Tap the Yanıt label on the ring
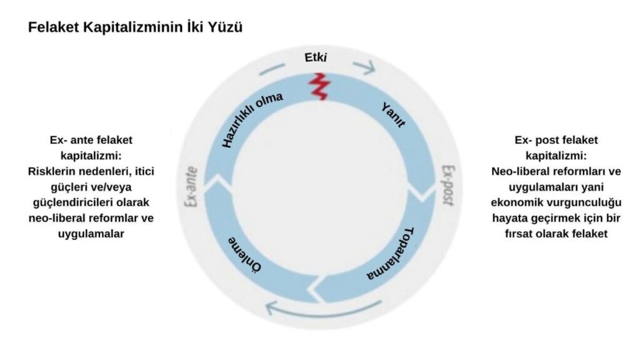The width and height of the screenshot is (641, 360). click(x=393, y=116)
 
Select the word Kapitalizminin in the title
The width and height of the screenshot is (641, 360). click(x=133, y=28)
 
